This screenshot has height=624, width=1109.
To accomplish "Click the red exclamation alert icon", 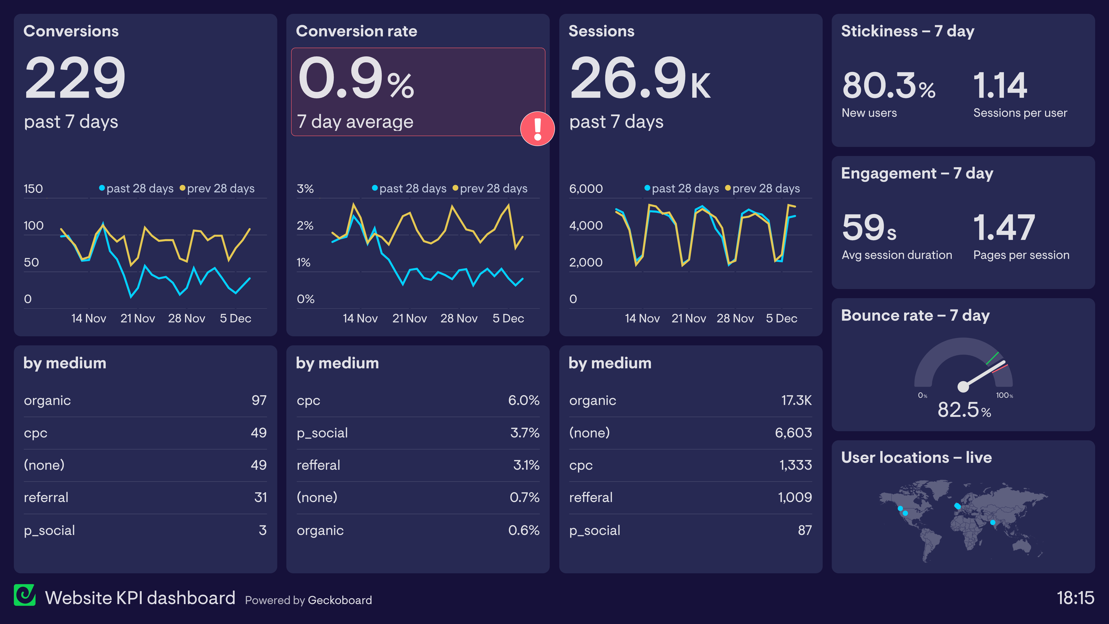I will pyautogui.click(x=537, y=129).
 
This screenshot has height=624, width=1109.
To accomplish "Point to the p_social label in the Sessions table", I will pyautogui.click(x=595, y=530).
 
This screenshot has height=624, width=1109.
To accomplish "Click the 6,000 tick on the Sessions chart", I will pyautogui.click(x=585, y=189).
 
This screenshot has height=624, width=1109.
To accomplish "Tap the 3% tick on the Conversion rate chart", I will pyautogui.click(x=305, y=189).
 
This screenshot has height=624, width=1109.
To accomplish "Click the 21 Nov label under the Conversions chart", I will pyautogui.click(x=137, y=318).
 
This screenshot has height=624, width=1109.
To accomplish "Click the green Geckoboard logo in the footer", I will pyautogui.click(x=24, y=595).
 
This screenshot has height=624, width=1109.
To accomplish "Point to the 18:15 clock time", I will pyautogui.click(x=1075, y=598).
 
